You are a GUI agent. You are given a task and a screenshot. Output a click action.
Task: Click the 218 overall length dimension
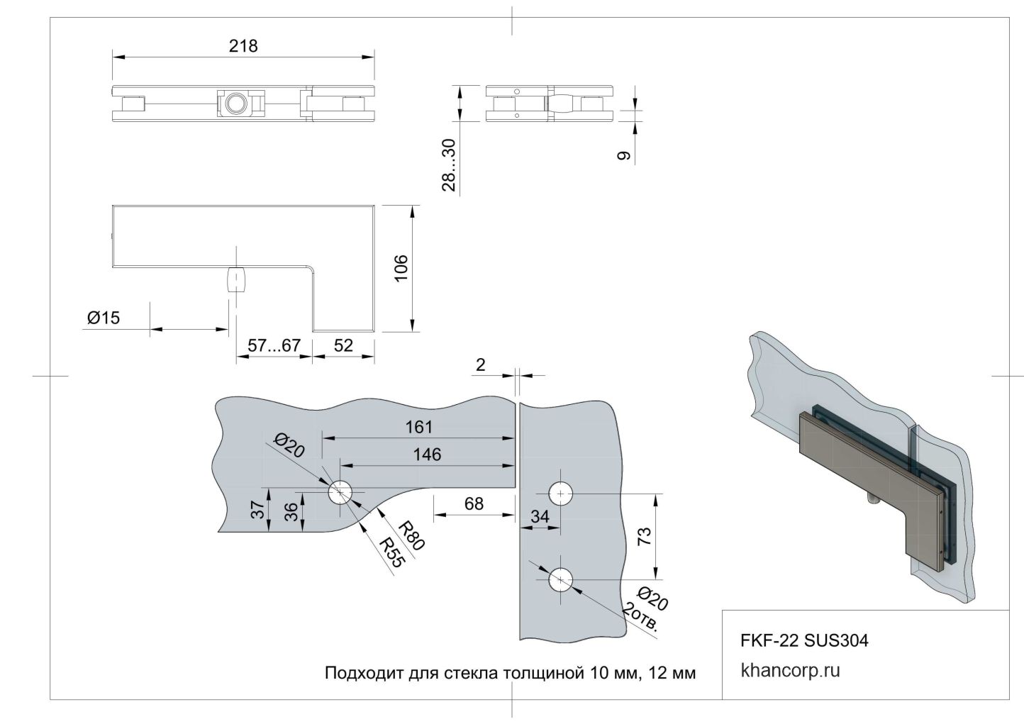click(243, 46)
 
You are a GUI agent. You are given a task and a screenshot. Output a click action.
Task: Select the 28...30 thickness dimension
click(448, 165)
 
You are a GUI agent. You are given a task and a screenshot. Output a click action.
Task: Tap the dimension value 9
click(624, 156)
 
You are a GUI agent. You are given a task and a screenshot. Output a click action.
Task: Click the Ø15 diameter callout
click(104, 318)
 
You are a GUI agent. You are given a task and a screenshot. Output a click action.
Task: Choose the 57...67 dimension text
click(274, 346)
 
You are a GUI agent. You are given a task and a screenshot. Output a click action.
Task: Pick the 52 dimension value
click(343, 346)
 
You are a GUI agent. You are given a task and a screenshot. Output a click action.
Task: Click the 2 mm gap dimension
click(481, 364)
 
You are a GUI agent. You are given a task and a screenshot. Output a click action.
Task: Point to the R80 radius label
click(411, 535)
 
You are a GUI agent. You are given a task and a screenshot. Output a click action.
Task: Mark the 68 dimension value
click(473, 503)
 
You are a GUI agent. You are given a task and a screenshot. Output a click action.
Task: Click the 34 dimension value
click(540, 517)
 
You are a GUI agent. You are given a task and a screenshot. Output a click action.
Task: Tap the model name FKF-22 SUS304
click(804, 640)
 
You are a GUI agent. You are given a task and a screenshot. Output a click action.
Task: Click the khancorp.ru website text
click(790, 671)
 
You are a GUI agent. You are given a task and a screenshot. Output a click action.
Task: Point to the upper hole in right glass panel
click(560, 493)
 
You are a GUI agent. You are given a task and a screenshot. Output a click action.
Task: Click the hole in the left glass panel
click(340, 493)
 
